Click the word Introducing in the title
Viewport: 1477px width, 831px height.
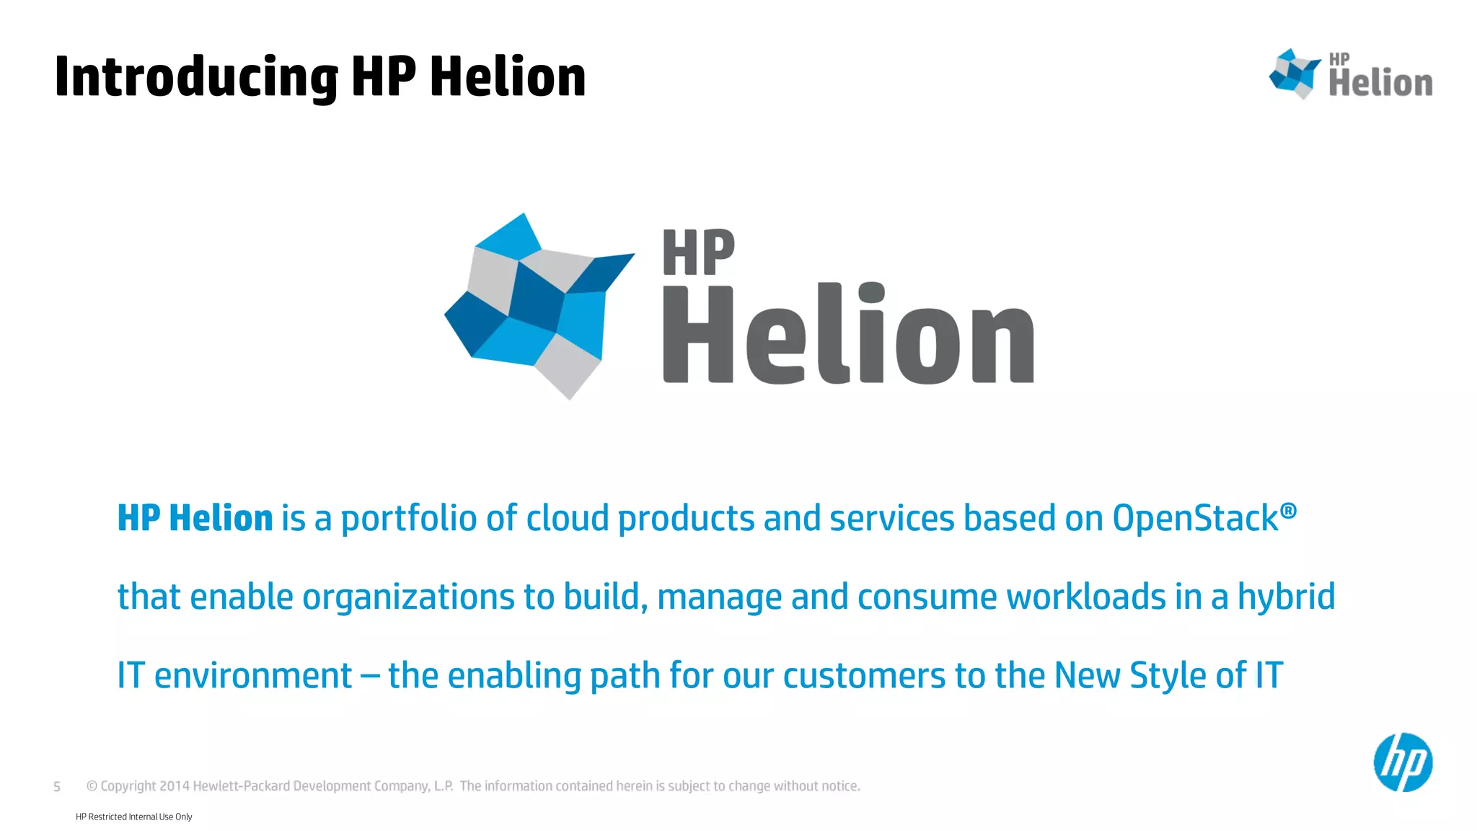coord(196,77)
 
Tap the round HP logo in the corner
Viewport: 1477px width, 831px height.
coord(1403,762)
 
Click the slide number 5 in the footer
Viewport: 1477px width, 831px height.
coord(57,786)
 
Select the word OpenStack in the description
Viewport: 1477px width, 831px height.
coord(1195,519)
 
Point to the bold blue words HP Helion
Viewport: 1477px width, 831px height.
coord(195,519)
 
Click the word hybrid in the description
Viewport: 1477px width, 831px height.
coord(1286,597)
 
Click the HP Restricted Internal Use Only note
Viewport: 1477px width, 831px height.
coord(134,817)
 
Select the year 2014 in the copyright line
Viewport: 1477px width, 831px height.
coord(174,786)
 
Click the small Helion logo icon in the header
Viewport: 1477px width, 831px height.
coord(1295,74)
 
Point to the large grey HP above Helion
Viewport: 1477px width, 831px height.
coord(698,252)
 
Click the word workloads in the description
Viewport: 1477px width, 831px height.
coord(1086,597)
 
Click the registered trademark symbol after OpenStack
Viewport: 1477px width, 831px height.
coord(1288,511)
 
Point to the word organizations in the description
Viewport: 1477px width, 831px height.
coord(408,597)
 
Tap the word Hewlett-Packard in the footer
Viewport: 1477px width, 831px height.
coord(241,786)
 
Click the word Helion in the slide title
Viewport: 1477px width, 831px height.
coord(508,77)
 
